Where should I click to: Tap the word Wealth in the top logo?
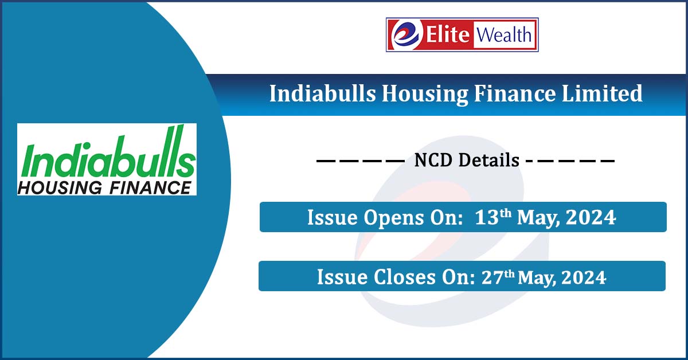502,35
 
